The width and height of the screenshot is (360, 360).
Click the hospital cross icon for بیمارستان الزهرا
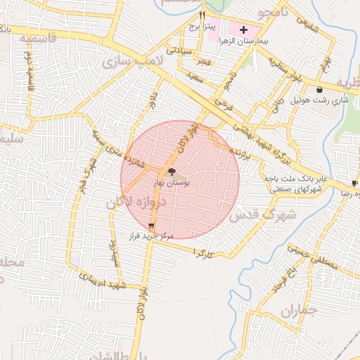(244, 30)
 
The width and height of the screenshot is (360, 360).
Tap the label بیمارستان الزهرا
(245, 41)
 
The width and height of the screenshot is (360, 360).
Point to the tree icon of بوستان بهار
(172, 171)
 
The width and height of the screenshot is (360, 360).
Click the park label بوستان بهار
(172, 182)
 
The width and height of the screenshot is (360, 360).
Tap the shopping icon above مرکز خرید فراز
(152, 226)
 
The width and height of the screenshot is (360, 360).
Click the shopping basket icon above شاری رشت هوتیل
(321, 90)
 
